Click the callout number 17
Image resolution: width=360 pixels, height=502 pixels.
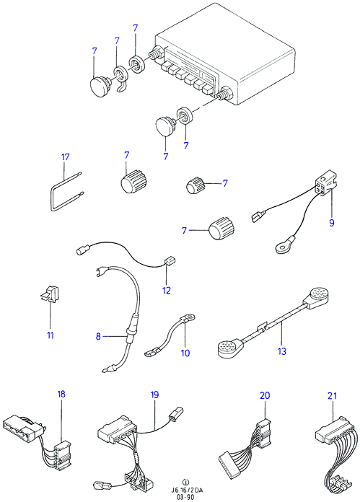pos(66,157)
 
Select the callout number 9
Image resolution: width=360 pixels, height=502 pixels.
pos(332,222)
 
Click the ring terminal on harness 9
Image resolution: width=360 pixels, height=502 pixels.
pos(283,248)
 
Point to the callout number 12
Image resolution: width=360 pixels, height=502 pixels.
pos(167,291)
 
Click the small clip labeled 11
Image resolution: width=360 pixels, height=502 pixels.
pos(50,294)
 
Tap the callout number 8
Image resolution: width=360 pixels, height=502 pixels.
pos(98,336)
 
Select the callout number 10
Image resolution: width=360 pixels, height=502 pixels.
pos(185,353)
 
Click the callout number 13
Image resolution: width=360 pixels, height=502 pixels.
pos(282,351)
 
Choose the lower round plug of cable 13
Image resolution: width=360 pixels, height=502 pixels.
pos(229,348)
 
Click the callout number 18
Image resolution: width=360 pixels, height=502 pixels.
pos(61,394)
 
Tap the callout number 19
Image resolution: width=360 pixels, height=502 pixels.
pos(154,395)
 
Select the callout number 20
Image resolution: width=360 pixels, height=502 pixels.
pos(265,395)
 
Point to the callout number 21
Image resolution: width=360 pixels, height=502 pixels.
pos(333,396)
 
